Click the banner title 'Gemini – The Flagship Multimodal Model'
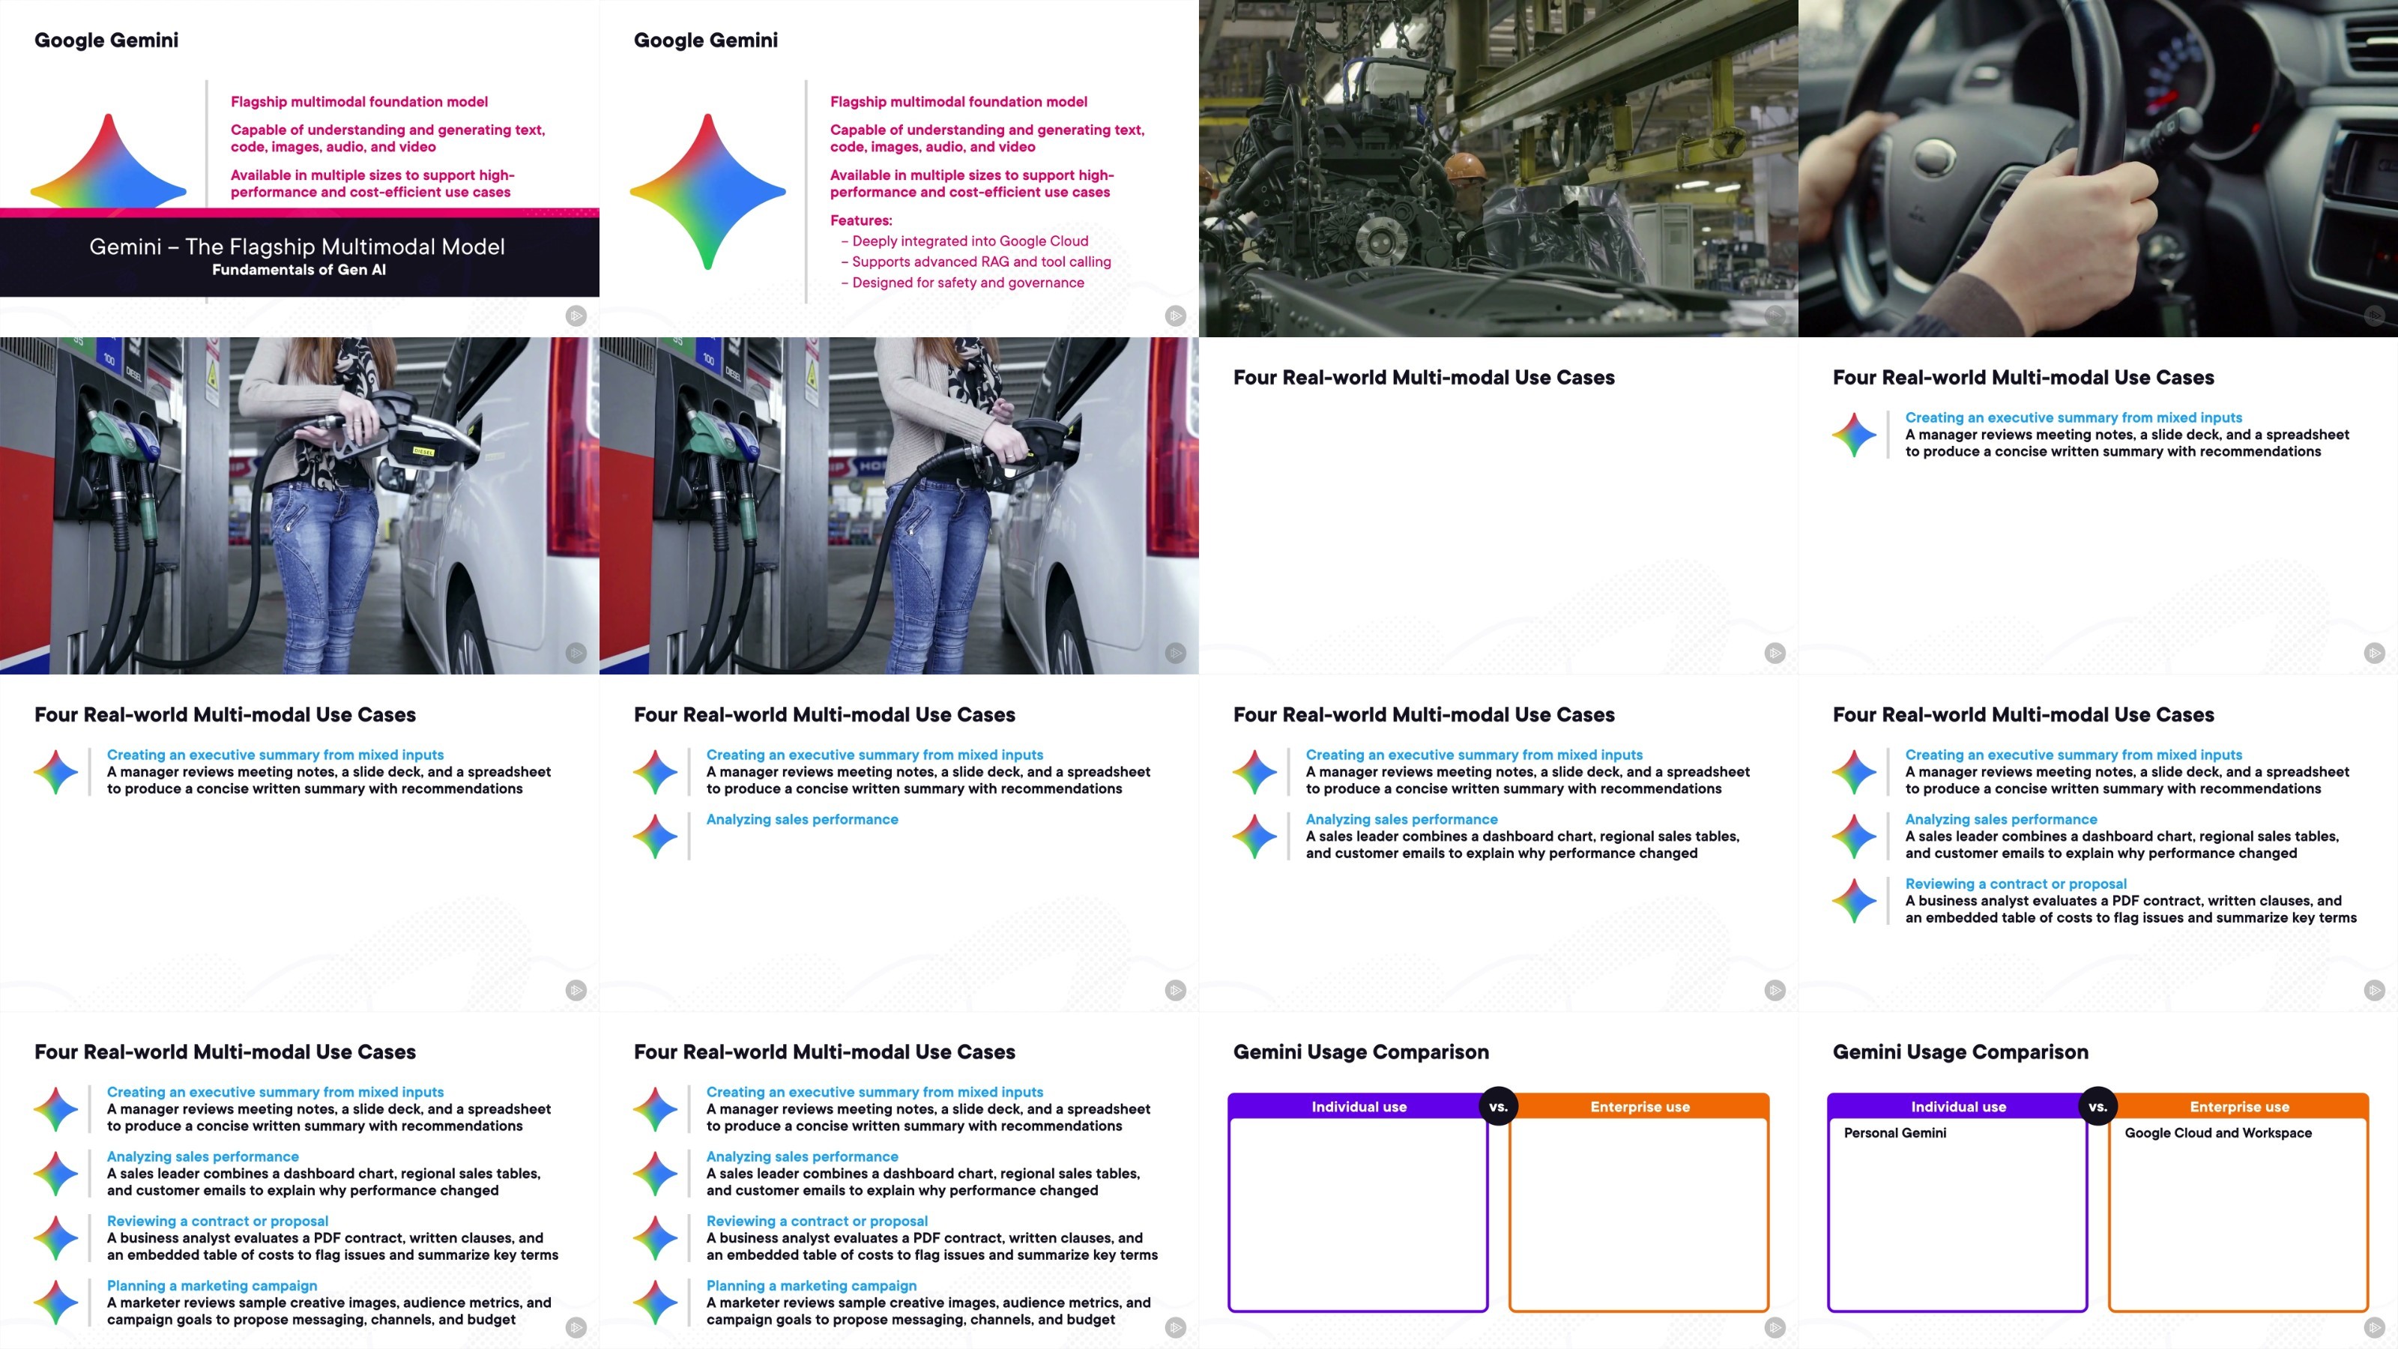(297, 247)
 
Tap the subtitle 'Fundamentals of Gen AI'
(299, 270)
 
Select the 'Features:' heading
(861, 220)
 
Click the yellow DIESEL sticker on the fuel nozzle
(424, 451)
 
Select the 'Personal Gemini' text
(1894, 1133)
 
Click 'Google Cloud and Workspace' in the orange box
(2217, 1133)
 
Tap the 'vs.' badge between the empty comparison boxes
(1498, 1107)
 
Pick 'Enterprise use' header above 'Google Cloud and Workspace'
(2239, 1107)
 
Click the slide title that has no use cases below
(1423, 378)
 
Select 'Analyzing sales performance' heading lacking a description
(802, 820)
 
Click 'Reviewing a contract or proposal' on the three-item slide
(2015, 884)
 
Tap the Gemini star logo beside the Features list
(707, 192)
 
